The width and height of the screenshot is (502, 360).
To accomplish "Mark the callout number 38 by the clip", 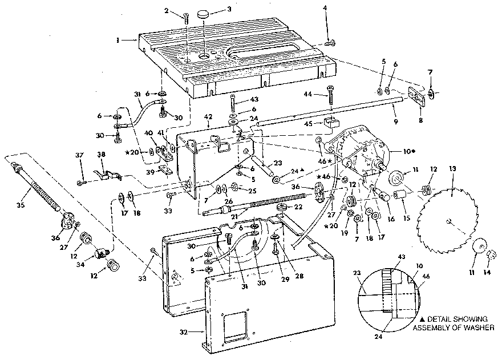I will point(101,155).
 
